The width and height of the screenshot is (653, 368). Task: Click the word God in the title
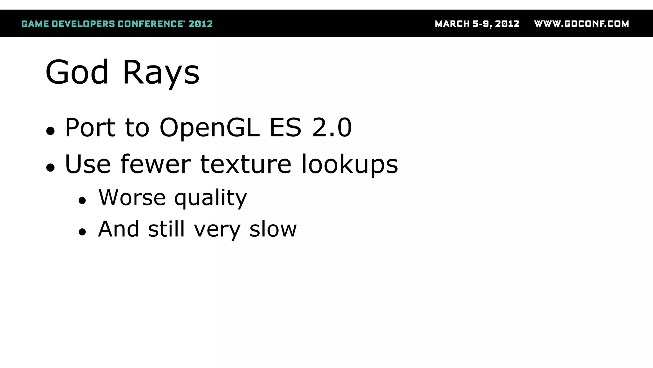77,73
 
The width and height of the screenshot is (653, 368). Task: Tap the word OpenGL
209,127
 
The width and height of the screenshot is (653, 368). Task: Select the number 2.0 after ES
332,127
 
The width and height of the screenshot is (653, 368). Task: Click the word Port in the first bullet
90,127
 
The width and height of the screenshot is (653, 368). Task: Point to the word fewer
156,164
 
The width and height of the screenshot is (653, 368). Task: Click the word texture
246,164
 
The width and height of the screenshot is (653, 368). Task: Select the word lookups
349,165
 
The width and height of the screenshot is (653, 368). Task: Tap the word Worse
132,197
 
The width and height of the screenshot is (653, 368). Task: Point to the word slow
273,229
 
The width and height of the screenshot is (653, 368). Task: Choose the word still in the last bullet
166,229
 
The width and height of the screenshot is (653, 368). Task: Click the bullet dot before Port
50,131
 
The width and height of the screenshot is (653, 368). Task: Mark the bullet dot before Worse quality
82,201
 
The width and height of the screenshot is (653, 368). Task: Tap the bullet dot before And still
82,232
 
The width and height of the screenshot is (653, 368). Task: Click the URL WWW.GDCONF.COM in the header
581,24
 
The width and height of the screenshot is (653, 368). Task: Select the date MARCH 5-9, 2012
477,24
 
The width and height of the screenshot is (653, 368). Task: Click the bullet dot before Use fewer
50,167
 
